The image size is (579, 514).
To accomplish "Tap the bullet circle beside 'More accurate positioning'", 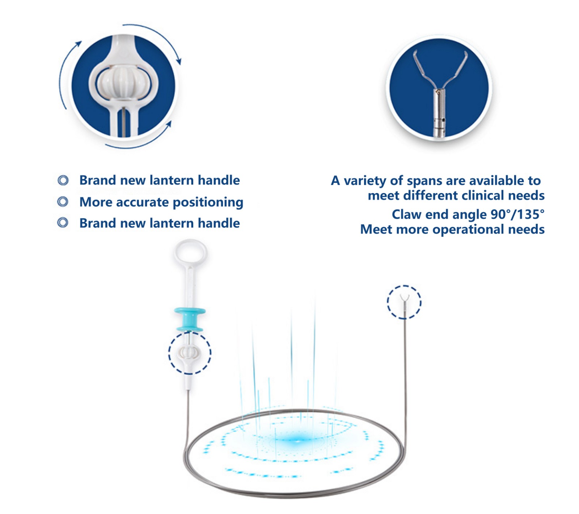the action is tap(63, 202).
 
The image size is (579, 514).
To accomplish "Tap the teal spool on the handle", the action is tap(190, 319).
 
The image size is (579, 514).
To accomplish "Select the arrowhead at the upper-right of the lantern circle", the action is tap(178, 60).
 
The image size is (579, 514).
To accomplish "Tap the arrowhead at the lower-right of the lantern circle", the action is tap(168, 124).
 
